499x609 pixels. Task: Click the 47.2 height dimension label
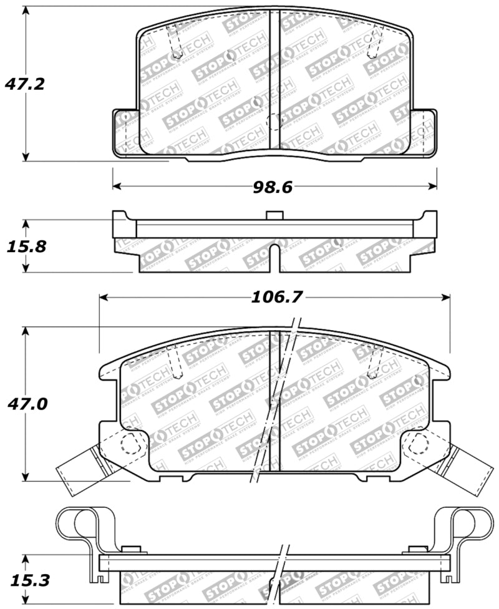24,84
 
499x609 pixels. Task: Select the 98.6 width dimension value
273,187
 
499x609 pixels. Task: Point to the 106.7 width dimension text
276,298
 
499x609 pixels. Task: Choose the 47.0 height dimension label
24,404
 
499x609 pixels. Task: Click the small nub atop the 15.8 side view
274,216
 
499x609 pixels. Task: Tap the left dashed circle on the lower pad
130,444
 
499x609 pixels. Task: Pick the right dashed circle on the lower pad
419,444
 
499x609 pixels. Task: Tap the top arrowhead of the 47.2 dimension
25,12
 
